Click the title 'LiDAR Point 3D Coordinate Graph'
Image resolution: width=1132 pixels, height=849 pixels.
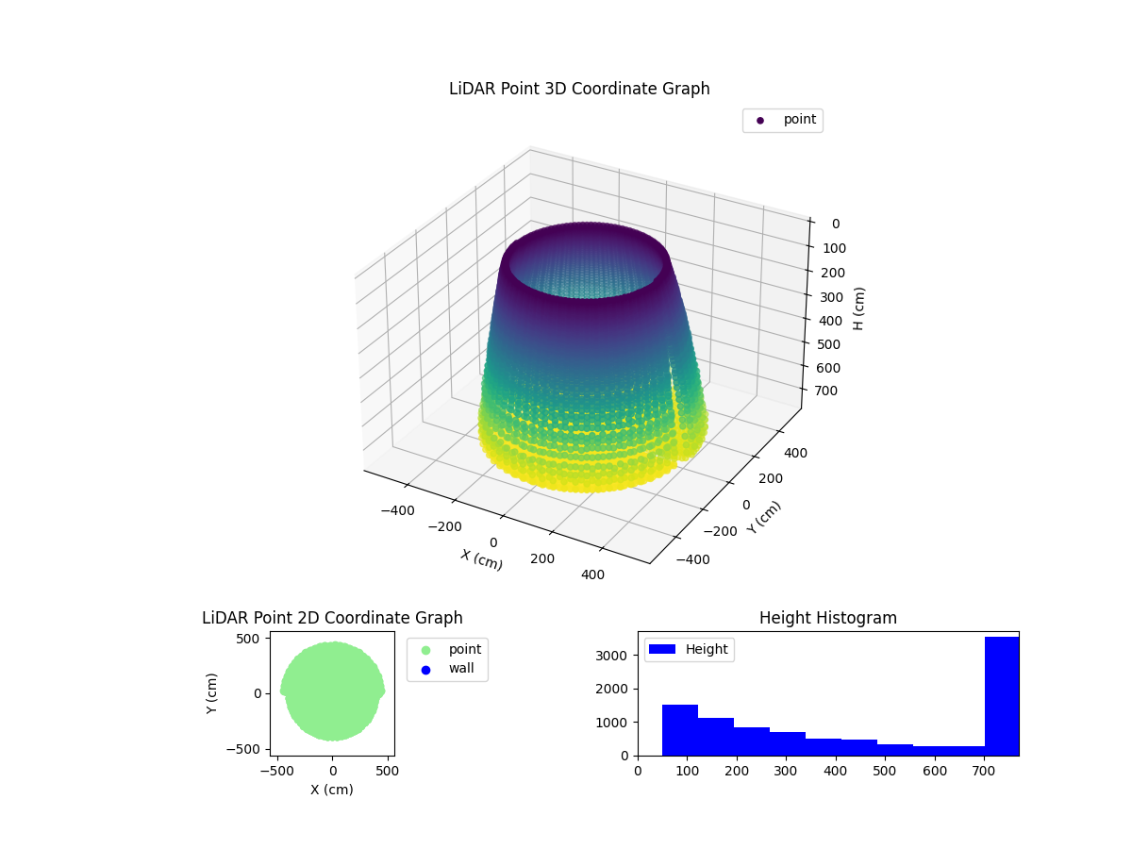click(579, 89)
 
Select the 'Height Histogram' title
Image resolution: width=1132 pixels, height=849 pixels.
click(827, 618)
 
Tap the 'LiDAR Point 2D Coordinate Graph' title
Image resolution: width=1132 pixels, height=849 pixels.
click(332, 618)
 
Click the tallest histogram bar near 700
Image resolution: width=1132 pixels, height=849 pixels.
click(1001, 696)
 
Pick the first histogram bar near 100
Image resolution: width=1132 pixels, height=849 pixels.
click(679, 730)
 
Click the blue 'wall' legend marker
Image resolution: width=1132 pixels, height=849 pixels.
click(425, 670)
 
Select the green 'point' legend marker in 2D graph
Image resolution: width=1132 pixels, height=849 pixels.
click(425, 650)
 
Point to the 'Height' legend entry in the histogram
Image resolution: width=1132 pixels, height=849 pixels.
click(689, 649)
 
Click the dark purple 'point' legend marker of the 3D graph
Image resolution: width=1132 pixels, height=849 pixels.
click(760, 120)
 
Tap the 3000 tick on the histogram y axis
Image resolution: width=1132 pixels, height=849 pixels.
click(618, 655)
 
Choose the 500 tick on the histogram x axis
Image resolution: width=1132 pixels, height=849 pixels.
click(885, 770)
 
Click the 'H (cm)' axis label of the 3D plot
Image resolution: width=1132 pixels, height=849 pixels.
click(859, 308)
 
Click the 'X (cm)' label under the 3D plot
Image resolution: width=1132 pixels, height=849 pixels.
click(481, 559)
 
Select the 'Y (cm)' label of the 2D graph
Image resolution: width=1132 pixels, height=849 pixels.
click(213, 693)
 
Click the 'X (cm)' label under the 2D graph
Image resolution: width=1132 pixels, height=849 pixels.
click(332, 790)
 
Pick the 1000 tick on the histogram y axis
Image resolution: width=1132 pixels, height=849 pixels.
click(618, 722)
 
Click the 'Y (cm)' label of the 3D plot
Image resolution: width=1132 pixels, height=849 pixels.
click(764, 517)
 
